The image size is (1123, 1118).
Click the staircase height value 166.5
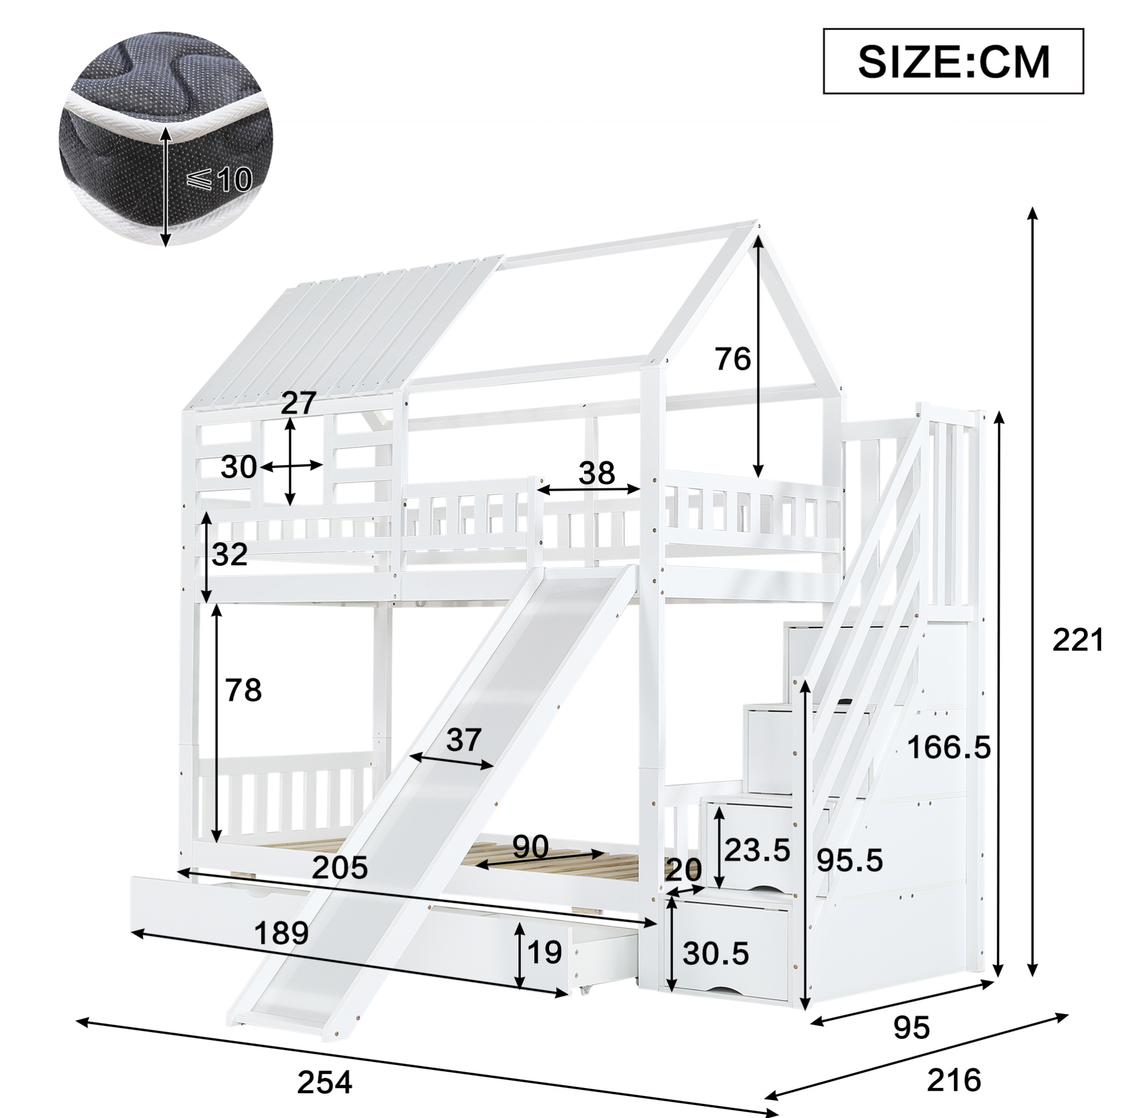tap(948, 747)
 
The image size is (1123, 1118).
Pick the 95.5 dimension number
tap(849, 860)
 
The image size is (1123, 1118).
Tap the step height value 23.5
tap(757, 851)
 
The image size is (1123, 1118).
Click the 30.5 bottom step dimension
tap(715, 954)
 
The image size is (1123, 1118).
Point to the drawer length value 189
tap(281, 934)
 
